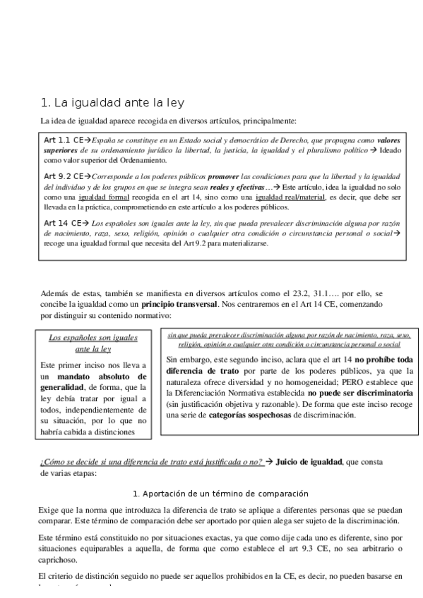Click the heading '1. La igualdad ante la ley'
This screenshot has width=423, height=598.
112,102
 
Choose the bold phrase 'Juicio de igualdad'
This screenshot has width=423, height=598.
307,462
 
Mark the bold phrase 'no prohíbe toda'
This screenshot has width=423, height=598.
384,359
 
